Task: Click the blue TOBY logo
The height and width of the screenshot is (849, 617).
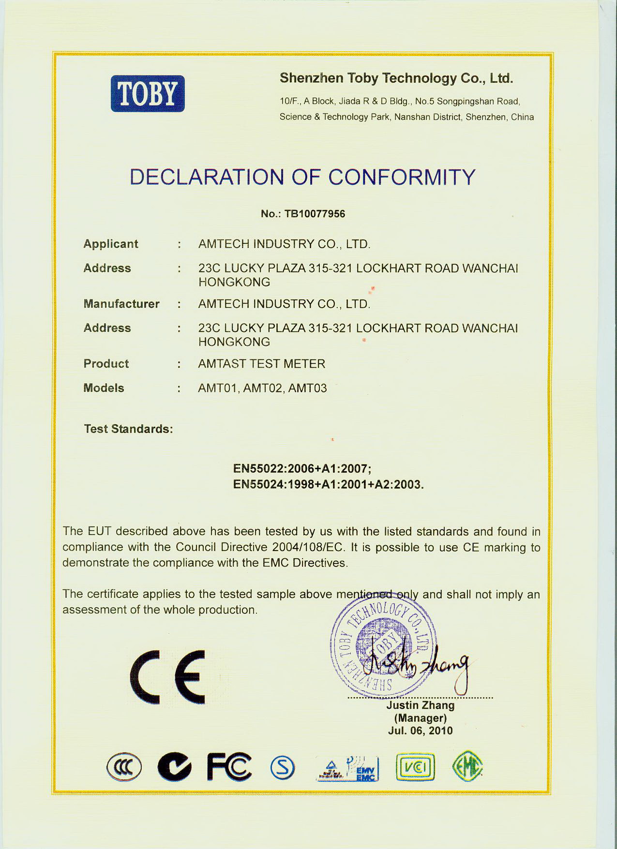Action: click(x=148, y=94)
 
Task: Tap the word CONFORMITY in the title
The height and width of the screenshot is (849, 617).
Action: click(x=402, y=177)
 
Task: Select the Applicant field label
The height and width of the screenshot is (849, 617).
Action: click(x=111, y=244)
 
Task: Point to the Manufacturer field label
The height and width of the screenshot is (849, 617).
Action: click(x=121, y=304)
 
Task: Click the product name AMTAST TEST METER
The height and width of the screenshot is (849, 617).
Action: click(x=262, y=364)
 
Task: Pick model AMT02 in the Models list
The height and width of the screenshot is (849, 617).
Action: click(x=262, y=388)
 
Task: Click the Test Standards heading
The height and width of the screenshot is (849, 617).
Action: click(x=128, y=429)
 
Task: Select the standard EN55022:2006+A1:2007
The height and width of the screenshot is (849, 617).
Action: click(x=302, y=468)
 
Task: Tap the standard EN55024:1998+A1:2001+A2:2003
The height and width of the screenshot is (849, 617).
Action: click(x=329, y=484)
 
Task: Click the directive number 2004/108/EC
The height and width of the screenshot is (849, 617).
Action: click(x=308, y=547)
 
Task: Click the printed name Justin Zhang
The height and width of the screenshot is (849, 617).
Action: click(x=420, y=705)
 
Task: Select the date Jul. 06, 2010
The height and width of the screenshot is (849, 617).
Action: click(x=420, y=730)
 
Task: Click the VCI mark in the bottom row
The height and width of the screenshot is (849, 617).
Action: click(x=415, y=767)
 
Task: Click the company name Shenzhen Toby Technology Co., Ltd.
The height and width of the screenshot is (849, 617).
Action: click(x=396, y=78)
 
